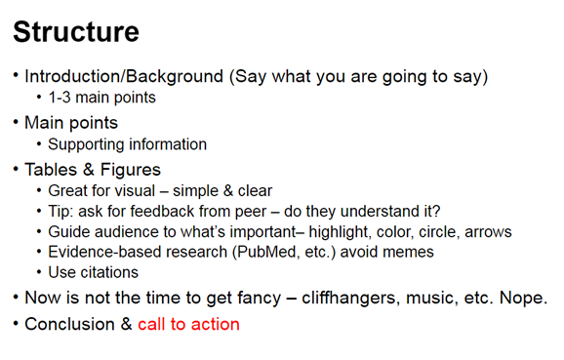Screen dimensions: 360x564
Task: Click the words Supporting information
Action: pyautogui.click(x=127, y=144)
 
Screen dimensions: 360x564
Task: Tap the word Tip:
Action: pyautogui.click(x=62, y=212)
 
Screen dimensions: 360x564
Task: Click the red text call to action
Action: pyautogui.click(x=188, y=324)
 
